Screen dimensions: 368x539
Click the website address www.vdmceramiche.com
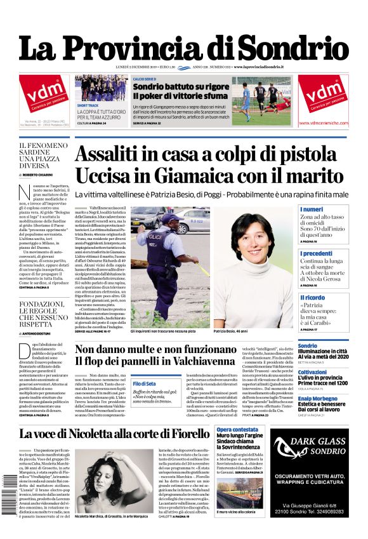(323, 123)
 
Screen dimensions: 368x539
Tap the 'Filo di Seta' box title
(144, 383)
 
